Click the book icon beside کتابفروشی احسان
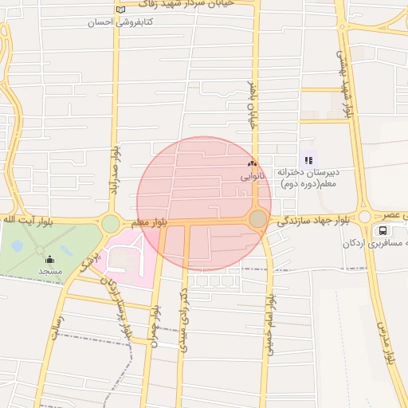120,10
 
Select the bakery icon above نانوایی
253,163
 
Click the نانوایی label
252,175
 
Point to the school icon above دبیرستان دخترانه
308,159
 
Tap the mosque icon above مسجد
50,258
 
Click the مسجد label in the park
50,271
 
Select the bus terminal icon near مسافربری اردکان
384,230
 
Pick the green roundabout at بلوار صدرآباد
111,224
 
